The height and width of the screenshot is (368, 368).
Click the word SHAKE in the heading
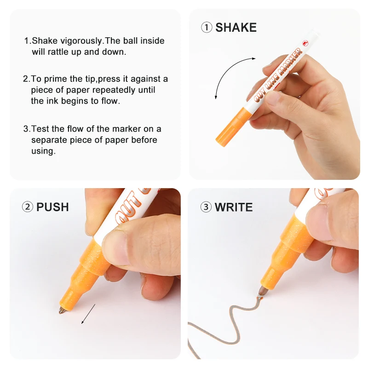[x=236, y=28]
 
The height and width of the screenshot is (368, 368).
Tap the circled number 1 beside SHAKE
[x=207, y=28]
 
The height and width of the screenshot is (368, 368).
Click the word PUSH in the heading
[x=52, y=207]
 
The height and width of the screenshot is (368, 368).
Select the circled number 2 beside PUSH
[x=28, y=207]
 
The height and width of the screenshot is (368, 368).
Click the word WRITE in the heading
[x=234, y=207]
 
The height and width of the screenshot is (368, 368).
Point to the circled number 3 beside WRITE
[x=206, y=207]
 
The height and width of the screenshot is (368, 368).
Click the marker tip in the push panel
[x=61, y=312]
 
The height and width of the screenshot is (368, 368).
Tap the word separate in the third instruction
[x=48, y=140]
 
